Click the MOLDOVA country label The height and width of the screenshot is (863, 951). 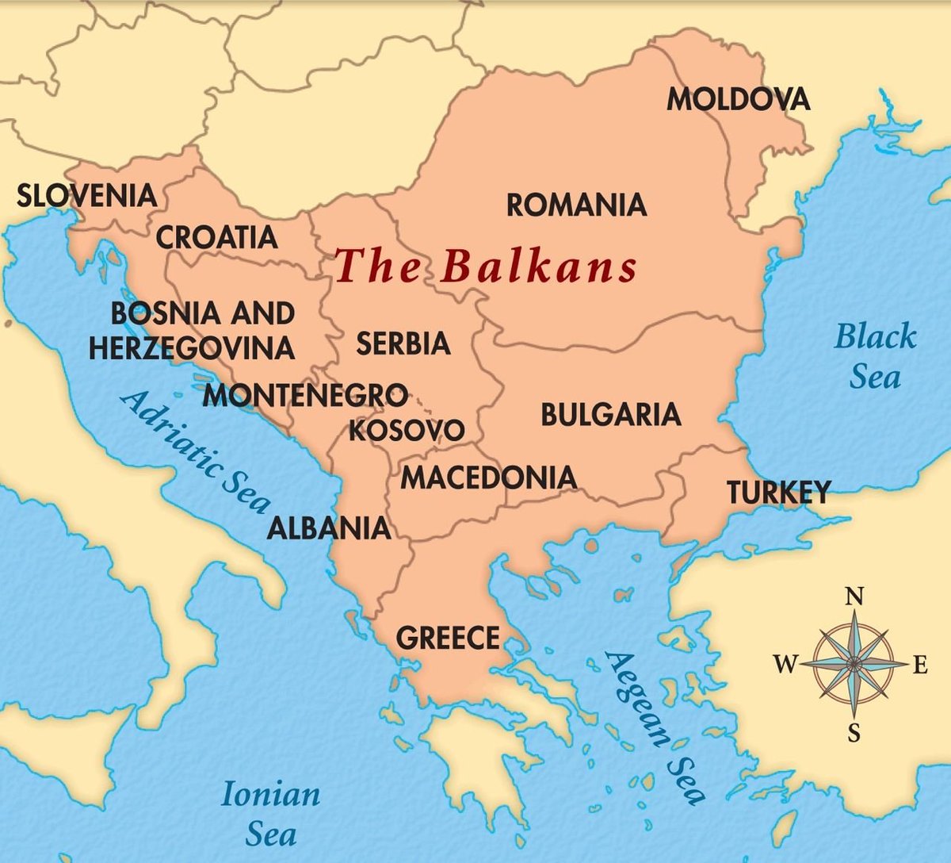pos(739,100)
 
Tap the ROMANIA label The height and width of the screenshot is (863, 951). pos(576,205)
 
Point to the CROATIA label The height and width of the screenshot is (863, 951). pos(216,237)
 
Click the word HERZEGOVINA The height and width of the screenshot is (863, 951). pos(192,347)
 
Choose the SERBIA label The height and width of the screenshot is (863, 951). pos(403,343)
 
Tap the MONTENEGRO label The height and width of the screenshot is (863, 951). pos(305,395)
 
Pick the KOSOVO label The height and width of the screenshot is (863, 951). pos(407,431)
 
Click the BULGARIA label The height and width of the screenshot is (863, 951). pos(610,415)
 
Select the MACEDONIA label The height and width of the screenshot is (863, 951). pos(488,478)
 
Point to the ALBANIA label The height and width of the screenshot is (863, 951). pos(328,528)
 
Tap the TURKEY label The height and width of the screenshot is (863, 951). pos(779,493)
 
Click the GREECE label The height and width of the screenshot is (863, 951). pos(448,638)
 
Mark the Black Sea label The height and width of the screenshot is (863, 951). pos(875,356)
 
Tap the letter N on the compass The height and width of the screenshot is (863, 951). pos(854,596)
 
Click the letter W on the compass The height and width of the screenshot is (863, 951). pos(785,664)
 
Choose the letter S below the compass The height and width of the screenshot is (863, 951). pos(854,733)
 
